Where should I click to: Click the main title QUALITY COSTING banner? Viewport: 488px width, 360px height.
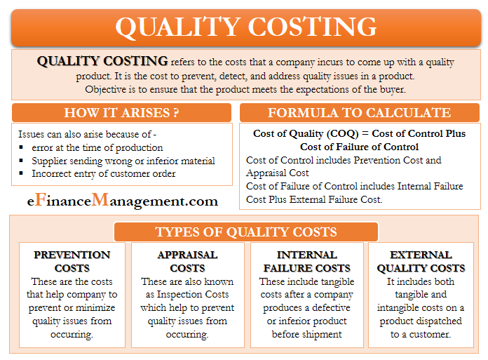pos(246,27)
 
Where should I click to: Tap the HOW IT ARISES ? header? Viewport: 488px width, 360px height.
pos(122,112)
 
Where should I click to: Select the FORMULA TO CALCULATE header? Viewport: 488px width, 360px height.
pos(360,112)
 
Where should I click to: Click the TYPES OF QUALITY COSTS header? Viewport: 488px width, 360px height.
pos(246,232)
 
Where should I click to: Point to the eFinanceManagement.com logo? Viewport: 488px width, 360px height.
pos(122,200)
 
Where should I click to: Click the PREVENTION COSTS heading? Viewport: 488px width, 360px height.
pos(72,261)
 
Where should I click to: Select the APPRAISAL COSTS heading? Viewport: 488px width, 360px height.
pos(187,261)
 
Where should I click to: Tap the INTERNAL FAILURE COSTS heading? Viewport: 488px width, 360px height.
pos(307,261)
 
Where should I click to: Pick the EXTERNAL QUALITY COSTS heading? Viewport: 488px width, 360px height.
pos(421,261)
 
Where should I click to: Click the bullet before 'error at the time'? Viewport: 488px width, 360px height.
pos(21,147)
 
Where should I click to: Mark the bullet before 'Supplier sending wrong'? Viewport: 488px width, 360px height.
pos(21,161)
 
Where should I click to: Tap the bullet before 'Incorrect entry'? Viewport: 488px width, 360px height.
pos(21,173)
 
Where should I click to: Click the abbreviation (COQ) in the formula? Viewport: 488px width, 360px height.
pos(342,133)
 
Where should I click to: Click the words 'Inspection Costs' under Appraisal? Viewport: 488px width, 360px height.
pos(193,294)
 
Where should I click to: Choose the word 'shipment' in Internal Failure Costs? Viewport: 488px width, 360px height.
pos(322,335)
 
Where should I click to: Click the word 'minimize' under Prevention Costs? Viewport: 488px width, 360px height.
pos(95,307)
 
